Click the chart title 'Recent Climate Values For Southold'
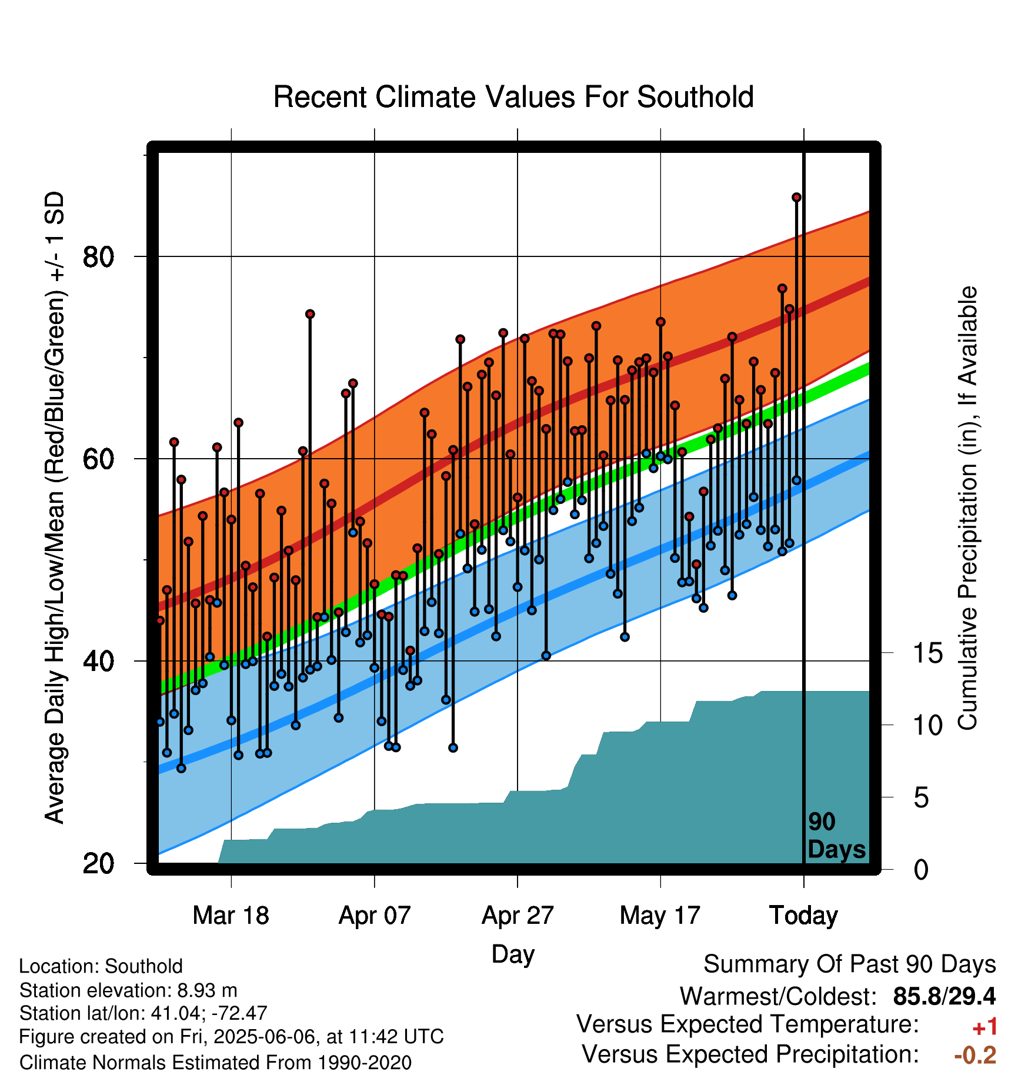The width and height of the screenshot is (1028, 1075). click(x=513, y=97)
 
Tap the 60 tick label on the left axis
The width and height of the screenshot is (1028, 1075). click(x=98, y=459)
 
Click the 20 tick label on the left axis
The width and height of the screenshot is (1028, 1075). click(x=98, y=864)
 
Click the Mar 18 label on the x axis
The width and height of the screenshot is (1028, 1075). click(x=231, y=916)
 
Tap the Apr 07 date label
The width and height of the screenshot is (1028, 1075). click(x=375, y=916)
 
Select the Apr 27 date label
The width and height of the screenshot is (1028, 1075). click(x=518, y=916)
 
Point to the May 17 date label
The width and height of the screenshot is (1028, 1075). click(x=660, y=916)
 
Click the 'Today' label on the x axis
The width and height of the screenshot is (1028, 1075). click(x=804, y=916)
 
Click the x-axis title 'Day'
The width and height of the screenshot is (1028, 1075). click(x=513, y=954)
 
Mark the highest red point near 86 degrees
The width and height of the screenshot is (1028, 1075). click(x=796, y=198)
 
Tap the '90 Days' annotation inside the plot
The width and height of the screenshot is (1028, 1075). click(x=836, y=836)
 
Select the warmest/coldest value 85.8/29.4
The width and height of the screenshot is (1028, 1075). click(x=944, y=996)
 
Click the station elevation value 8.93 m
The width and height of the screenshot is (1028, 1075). click(x=207, y=990)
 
